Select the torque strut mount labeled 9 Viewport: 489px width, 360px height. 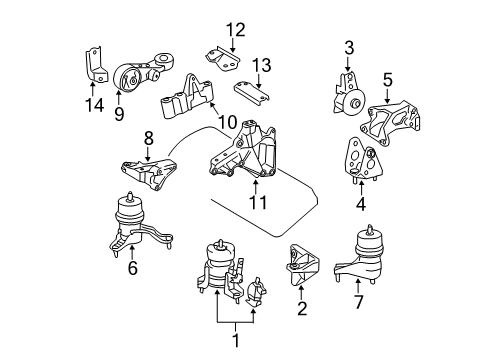pos(139,74)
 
